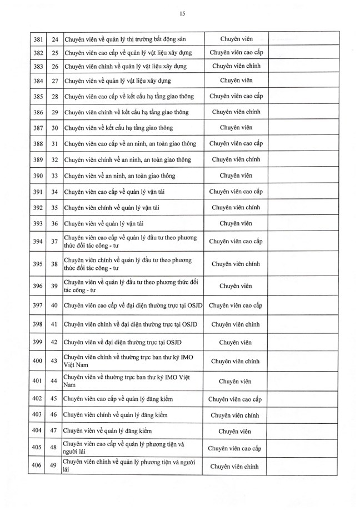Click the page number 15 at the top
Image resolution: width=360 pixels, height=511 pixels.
click(x=182, y=13)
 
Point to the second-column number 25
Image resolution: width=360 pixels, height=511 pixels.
click(x=54, y=52)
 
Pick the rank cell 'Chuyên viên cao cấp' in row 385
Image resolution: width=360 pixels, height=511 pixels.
click(x=236, y=97)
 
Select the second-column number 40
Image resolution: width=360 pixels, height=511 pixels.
click(x=54, y=305)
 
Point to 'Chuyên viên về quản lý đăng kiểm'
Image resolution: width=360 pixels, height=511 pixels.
click(x=108, y=430)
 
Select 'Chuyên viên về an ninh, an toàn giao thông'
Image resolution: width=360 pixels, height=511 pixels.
click(x=119, y=176)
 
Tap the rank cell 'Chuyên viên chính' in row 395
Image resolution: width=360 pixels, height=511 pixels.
click(x=236, y=264)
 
